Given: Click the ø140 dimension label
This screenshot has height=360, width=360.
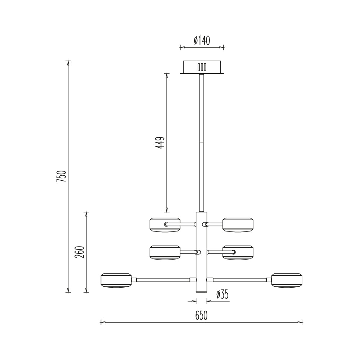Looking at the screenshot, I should click(202, 40).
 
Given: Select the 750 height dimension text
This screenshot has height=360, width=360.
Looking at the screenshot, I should click(62, 176).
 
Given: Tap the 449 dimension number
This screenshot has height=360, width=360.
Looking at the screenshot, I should click(160, 143).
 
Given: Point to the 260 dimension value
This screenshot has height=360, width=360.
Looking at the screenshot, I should click(80, 252).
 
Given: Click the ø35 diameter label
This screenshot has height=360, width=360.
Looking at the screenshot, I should click(222, 295).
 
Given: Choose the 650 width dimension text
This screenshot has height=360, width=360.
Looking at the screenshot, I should click(201, 316).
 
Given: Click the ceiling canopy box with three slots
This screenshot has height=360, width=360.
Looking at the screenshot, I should click(202, 67).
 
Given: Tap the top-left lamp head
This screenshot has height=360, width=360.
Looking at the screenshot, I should click(165, 225).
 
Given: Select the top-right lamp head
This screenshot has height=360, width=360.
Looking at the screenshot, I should click(238, 225).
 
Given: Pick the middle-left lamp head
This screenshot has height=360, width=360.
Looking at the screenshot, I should click(165, 252).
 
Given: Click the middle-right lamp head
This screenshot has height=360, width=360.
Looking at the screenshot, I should click(238, 252).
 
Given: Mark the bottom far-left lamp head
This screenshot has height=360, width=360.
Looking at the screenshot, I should click(116, 280).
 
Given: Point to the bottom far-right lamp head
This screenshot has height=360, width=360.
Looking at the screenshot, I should click(287, 280).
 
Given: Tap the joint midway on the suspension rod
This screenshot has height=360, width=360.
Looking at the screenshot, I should click(202, 143).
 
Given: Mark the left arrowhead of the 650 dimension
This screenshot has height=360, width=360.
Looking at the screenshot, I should click(102, 322).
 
